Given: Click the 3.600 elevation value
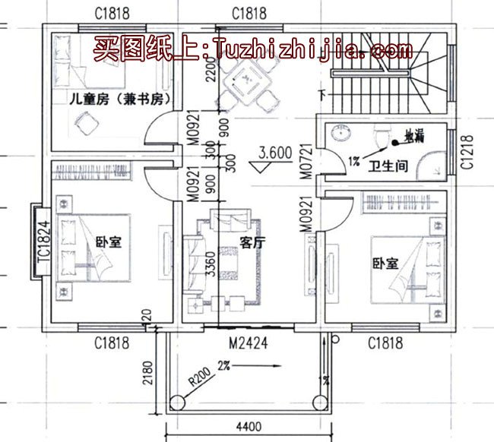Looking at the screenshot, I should click(275, 153).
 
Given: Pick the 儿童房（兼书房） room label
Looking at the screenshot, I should click(118, 99).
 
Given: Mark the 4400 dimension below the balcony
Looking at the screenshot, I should click(249, 428).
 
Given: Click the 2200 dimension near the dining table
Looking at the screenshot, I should click(211, 73).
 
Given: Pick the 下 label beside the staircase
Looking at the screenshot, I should click(323, 95).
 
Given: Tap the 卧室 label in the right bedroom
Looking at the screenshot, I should click(385, 264).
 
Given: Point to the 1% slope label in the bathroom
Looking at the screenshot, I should click(353, 161).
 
